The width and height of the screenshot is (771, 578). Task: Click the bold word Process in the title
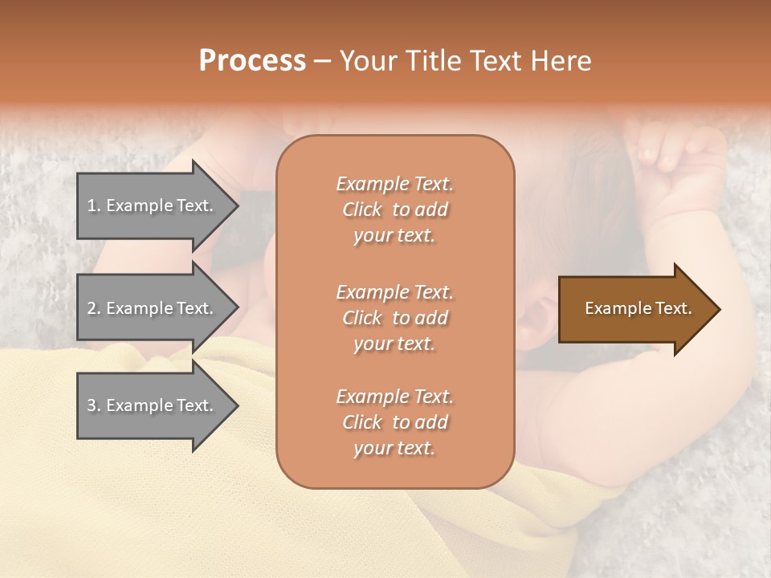pos(252,61)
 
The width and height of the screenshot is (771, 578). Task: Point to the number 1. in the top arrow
pos(93,206)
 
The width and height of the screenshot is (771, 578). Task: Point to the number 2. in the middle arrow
pos(93,308)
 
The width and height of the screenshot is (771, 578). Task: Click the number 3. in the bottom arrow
pos(93,405)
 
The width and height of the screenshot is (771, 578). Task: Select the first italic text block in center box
pos(394,210)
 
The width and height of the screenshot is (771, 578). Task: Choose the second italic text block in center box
pos(394,317)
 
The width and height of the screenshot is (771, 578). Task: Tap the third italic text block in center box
pos(394,422)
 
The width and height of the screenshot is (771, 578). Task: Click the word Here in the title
pos(562,61)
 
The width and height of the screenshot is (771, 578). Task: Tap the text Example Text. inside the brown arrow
pos(638,308)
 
